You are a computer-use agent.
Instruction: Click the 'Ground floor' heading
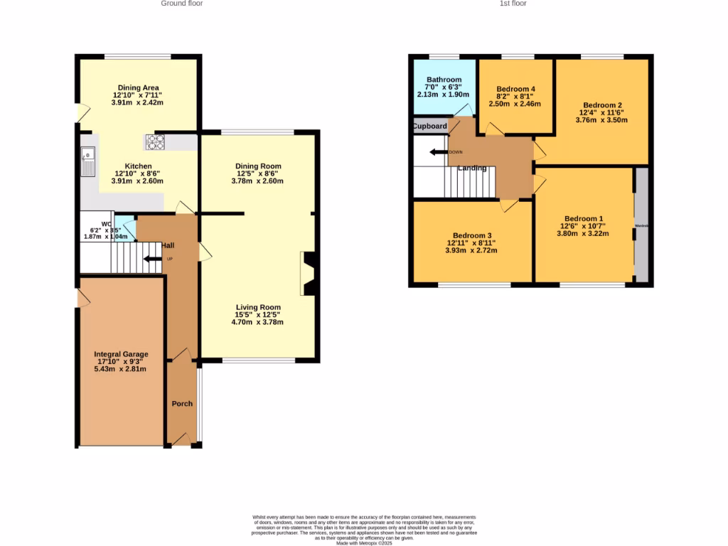point(181,4)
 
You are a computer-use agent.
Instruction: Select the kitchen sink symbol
point(87,162)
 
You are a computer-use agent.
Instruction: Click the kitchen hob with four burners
point(154,142)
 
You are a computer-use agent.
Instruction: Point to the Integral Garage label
point(121,354)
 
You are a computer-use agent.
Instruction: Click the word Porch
point(182,404)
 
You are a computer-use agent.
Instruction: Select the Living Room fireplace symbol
point(308,274)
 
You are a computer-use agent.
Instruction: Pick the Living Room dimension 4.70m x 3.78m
point(257,322)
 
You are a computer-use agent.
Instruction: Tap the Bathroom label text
point(444,80)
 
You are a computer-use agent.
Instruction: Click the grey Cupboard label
point(430,127)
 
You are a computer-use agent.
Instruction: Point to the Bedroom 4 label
point(515,89)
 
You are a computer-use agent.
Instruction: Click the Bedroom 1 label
point(583,219)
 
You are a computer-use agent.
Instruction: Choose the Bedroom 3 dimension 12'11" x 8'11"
point(471,242)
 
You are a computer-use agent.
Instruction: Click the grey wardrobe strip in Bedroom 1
point(641,226)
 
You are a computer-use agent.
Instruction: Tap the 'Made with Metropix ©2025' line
point(364,542)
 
